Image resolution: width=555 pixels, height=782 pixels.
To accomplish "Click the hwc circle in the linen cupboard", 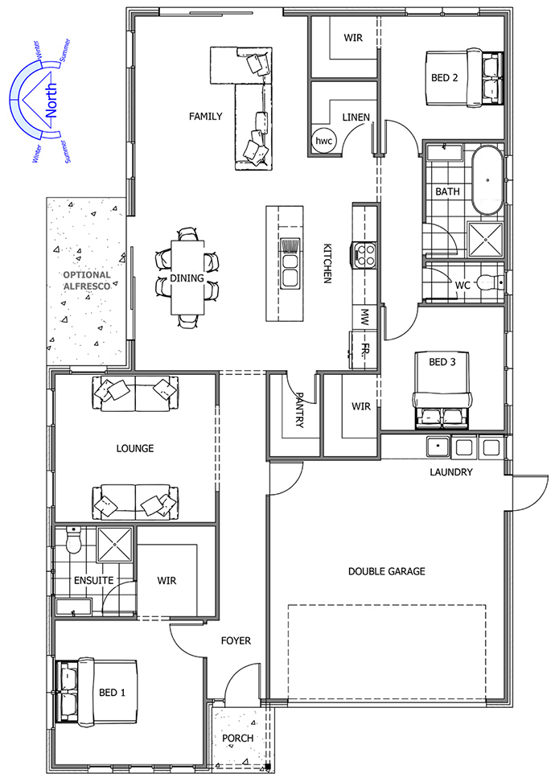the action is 323,141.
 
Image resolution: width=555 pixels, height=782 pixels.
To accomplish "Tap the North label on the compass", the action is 51,101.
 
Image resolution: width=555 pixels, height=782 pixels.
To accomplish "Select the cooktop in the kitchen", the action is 364,253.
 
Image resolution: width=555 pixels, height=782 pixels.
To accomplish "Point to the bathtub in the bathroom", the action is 487,180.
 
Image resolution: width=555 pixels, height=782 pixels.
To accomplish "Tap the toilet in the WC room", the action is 489,283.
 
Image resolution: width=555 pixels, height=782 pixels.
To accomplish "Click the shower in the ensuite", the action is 115,544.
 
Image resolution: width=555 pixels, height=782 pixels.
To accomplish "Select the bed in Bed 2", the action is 464,78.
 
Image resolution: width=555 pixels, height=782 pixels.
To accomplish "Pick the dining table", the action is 187,278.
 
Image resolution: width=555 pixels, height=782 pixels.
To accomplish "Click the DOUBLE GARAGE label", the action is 386,571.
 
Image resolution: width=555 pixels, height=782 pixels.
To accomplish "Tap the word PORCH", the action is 237,738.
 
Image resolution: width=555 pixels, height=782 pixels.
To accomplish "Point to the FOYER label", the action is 236,640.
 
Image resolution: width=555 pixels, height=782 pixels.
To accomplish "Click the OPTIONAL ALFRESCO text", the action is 87,280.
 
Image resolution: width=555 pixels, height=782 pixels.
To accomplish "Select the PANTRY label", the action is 299,410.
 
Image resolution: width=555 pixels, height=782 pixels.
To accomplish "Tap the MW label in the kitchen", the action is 365,317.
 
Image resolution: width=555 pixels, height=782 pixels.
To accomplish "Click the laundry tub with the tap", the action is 438,447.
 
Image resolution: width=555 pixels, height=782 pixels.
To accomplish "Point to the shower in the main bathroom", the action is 486,240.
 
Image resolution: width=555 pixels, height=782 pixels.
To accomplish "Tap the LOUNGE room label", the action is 134,448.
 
